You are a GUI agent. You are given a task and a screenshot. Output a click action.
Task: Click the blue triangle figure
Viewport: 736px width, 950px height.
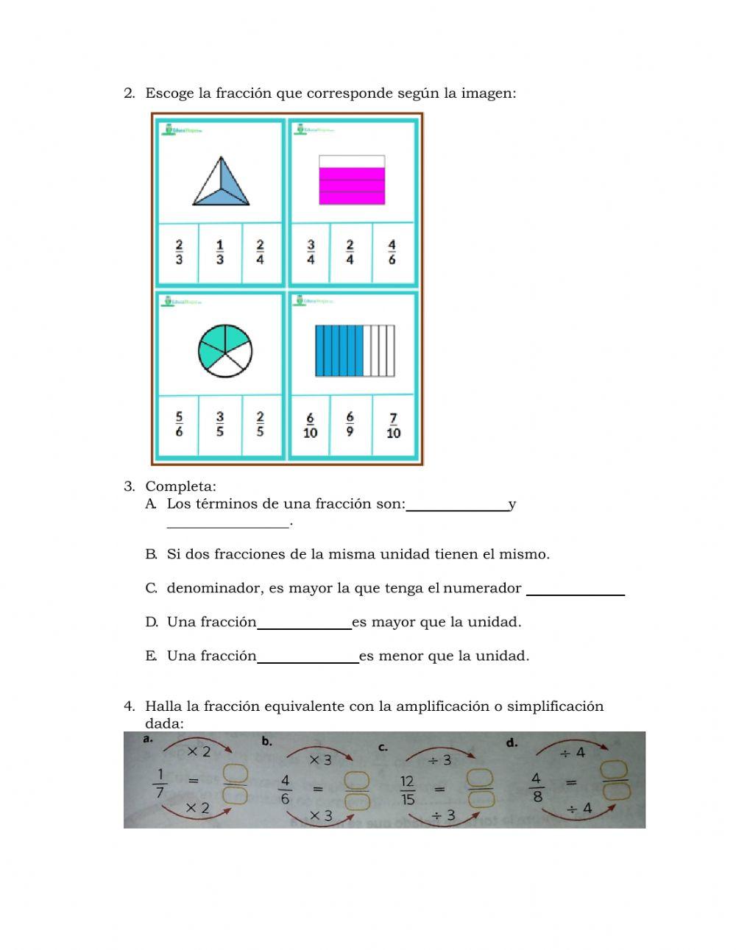click(221, 182)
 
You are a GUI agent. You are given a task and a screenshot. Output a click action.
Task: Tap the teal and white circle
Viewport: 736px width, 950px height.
click(225, 350)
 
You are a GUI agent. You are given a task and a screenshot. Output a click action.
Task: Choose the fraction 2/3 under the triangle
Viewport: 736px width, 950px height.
click(179, 252)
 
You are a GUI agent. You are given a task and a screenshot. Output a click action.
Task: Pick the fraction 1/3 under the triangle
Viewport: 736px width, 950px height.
click(220, 252)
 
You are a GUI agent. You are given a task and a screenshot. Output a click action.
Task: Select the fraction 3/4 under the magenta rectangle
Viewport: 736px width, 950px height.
click(311, 252)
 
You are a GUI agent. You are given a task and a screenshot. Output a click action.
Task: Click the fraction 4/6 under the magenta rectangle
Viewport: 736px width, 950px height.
click(392, 252)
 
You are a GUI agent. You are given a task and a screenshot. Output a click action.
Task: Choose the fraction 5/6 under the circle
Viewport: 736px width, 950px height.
click(179, 425)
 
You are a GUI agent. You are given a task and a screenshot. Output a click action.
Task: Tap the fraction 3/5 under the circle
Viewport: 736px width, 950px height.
click(220, 425)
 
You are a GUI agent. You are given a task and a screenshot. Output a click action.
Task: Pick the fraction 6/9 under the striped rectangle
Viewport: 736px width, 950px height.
click(350, 425)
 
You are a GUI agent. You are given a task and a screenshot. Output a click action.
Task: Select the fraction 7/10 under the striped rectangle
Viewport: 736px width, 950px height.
click(393, 426)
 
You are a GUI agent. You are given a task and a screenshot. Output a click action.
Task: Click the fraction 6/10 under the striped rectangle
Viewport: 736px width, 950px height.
click(310, 426)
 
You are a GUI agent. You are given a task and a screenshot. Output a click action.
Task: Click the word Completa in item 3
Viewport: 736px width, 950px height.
click(180, 486)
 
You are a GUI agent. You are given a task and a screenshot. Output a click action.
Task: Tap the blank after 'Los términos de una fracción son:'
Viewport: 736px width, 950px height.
click(457, 505)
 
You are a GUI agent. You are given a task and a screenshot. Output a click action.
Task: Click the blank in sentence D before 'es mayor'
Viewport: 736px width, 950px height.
click(304, 623)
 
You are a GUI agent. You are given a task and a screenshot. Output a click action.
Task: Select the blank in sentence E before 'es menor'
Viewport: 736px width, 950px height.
click(308, 657)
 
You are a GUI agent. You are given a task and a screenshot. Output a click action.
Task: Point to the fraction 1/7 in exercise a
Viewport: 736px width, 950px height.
click(160, 783)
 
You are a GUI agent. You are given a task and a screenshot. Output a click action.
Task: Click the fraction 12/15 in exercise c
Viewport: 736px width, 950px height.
click(407, 790)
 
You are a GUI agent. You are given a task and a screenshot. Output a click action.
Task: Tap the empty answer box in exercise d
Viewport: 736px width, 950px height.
click(615, 781)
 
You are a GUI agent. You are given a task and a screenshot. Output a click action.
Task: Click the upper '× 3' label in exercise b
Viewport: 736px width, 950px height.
click(320, 759)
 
